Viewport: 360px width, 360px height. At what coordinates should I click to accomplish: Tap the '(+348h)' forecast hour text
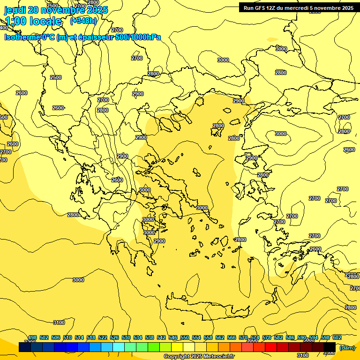coord(83,21)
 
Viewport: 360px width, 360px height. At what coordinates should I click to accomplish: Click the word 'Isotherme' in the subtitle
coord(22,37)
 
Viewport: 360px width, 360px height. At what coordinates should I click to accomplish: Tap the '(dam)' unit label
coord(347,347)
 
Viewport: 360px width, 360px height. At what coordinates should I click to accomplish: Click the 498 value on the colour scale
coord(32,338)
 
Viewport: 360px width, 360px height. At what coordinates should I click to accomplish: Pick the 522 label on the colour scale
coord(103,338)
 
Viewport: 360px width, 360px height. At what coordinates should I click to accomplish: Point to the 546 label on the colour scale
coord(173,338)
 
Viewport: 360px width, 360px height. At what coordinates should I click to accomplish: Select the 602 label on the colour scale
coord(337,338)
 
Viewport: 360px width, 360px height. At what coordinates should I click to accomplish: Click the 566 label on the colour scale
coord(232,338)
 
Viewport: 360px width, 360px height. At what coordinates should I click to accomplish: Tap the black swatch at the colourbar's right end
coord(330,347)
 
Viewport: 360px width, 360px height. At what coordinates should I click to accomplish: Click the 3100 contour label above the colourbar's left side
coord(59,322)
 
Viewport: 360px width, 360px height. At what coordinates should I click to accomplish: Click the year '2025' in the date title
coord(97,10)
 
